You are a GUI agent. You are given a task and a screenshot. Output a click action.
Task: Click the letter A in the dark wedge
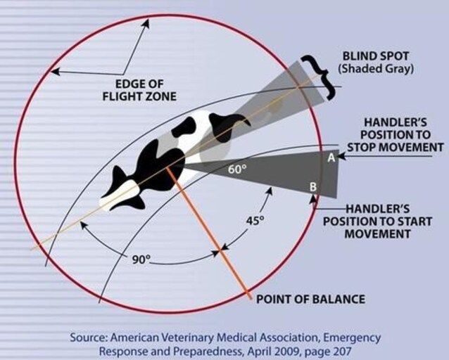(x=331, y=158)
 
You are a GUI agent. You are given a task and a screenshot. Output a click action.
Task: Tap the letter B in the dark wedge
(x=314, y=187)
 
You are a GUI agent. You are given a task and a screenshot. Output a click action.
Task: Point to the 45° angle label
(x=254, y=220)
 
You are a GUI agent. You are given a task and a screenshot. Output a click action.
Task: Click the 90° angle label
(x=141, y=259)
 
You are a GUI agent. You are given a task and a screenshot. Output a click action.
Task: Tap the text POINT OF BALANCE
(x=310, y=299)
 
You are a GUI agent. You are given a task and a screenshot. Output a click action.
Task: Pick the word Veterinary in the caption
(x=187, y=337)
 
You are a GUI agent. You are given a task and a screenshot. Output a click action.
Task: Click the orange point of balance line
(x=219, y=246)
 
